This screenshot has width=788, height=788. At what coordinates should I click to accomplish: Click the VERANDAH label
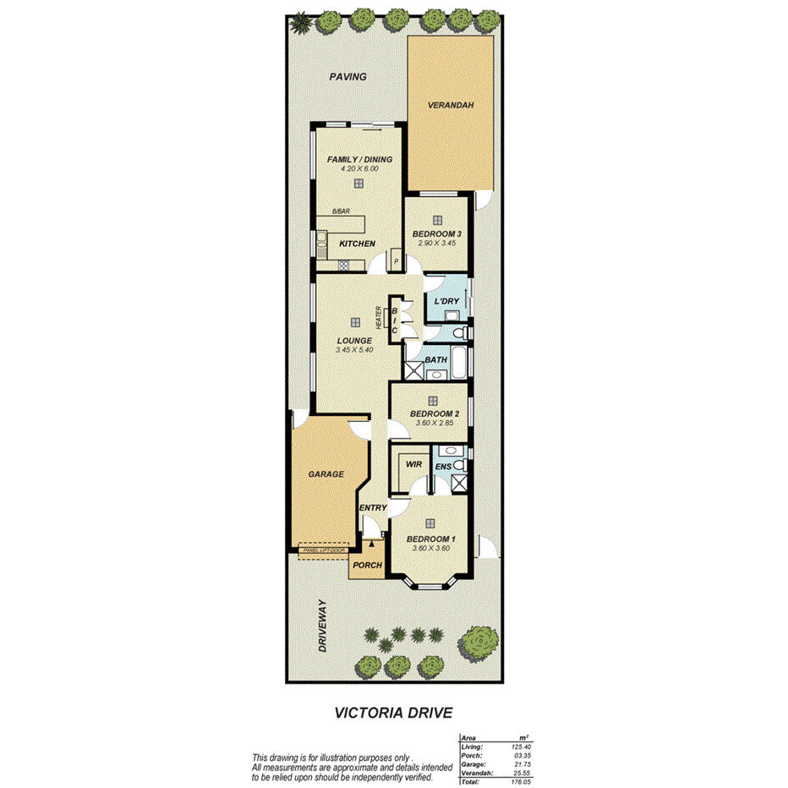[450, 105]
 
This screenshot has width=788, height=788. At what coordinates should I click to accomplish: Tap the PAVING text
[347, 77]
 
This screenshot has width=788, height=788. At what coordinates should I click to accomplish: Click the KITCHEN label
[357, 244]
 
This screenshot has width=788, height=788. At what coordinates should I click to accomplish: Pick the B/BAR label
[341, 211]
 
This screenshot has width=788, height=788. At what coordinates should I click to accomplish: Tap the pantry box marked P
[395, 263]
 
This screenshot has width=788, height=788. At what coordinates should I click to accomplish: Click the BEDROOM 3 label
[436, 234]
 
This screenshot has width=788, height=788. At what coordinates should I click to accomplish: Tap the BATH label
[435, 360]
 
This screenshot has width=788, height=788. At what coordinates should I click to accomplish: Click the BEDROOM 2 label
[434, 414]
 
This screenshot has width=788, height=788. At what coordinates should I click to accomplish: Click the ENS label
[443, 466]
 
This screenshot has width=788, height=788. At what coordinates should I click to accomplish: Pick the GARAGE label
[326, 474]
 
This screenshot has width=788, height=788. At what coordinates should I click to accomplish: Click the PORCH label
[368, 565]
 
